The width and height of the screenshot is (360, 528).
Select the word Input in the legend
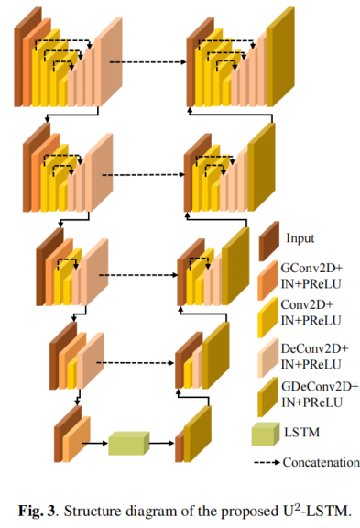point(300,237)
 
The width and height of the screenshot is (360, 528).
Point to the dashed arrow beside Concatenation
point(267,464)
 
